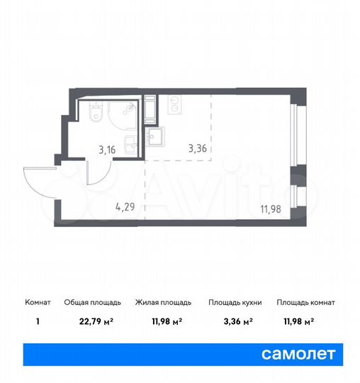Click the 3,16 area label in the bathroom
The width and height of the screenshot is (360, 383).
pyautogui.click(x=107, y=150)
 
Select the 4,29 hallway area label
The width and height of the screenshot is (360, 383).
pyautogui.click(x=125, y=208)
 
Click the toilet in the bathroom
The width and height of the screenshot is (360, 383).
pyautogui.click(x=97, y=110)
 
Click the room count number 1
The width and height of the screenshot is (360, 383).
pyautogui.click(x=38, y=321)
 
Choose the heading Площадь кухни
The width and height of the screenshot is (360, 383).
pyautogui.click(x=235, y=302)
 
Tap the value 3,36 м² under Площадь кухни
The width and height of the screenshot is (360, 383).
pyautogui.click(x=235, y=321)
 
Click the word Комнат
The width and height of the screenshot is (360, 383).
pyautogui.click(x=38, y=302)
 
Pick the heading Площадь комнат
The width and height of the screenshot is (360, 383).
pyautogui.click(x=305, y=302)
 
